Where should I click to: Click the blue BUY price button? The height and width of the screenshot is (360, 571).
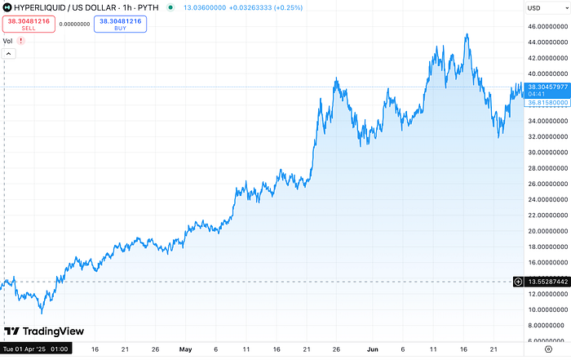[120, 24]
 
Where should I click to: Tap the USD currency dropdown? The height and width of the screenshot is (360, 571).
[538, 8]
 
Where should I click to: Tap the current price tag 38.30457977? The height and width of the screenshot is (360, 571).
[542, 87]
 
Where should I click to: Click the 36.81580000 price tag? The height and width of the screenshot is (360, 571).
[542, 103]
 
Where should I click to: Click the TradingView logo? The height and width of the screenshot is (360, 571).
[37, 331]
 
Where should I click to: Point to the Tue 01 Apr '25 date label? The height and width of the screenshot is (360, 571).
[36, 349]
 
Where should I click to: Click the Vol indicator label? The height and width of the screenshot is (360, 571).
[7, 40]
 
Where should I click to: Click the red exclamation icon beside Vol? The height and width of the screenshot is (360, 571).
[20, 40]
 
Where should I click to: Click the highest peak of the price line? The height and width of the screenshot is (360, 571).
[467, 34]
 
